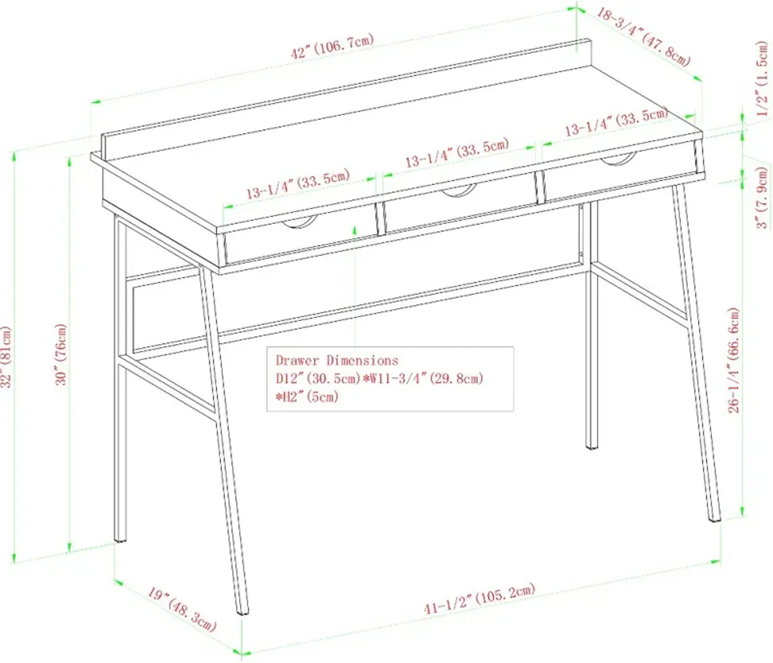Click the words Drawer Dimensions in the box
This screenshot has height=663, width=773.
pyautogui.click(x=337, y=360)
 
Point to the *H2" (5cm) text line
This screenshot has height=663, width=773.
pyautogui.click(x=307, y=397)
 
